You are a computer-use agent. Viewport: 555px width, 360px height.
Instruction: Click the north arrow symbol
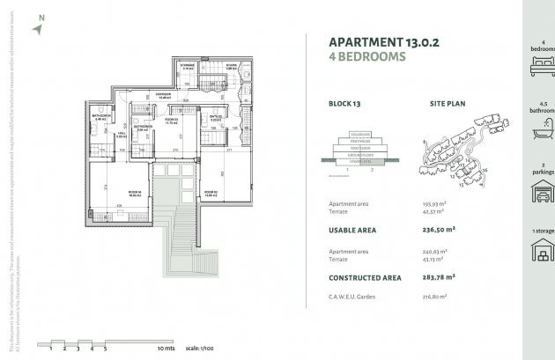click(x=37, y=28)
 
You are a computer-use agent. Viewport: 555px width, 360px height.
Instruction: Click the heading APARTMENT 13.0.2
click(x=381, y=42)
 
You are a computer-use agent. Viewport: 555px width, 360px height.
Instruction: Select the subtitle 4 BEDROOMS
click(x=366, y=58)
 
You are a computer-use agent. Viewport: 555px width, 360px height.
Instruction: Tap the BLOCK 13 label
click(x=344, y=103)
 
